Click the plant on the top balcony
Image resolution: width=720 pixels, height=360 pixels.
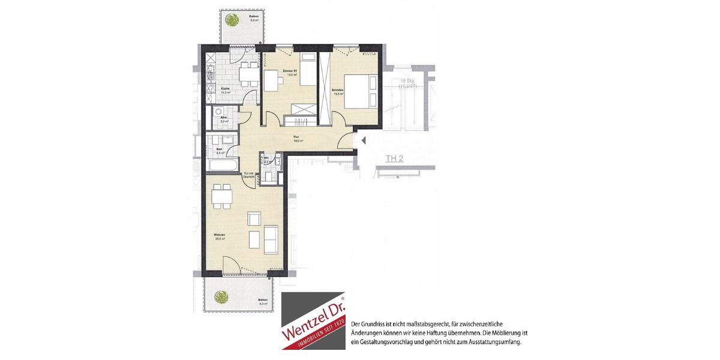coord(230,20)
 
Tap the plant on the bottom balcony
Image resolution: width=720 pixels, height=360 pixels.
coord(221,296)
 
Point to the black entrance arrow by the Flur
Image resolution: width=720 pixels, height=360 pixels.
coord(362,141)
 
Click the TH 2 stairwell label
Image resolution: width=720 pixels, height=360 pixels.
coord(394,159)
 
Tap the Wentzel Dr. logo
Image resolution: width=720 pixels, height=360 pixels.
coord(313,321)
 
